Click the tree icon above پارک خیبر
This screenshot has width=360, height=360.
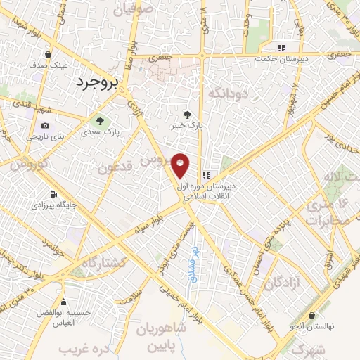(186, 115)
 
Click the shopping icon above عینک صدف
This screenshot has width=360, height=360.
(48, 54)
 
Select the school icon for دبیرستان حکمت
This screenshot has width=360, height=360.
(281, 49)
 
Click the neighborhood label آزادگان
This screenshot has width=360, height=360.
(284, 283)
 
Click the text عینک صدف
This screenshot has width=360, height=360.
(49, 65)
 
